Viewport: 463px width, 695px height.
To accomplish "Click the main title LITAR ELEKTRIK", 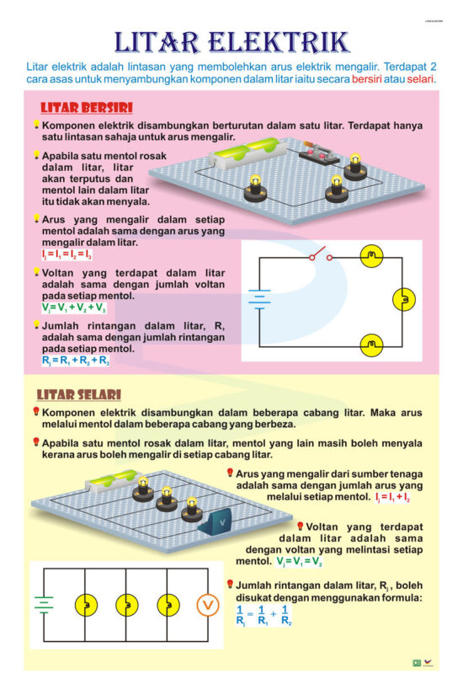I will [x=231, y=41].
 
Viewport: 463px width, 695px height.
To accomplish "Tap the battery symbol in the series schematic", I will [x=259, y=301].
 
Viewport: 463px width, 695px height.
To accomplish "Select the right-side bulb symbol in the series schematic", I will [x=404, y=299].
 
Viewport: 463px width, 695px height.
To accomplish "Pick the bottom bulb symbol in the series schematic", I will [x=370, y=344].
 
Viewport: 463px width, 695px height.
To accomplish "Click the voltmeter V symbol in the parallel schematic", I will [x=207, y=605].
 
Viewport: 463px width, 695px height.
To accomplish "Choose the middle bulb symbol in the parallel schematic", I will [x=126, y=605].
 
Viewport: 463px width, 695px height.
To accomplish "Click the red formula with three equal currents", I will [x=67, y=254].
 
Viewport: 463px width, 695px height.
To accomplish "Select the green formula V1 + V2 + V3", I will [x=75, y=308].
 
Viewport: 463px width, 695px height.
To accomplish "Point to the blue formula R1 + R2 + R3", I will [x=75, y=361].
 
